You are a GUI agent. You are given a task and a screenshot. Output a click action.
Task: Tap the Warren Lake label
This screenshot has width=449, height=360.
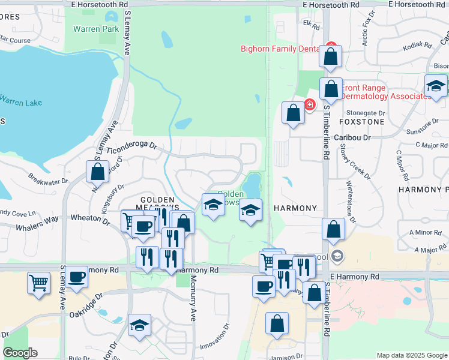pos(21,101)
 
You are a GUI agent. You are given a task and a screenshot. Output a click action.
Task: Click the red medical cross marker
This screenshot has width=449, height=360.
pos(310,104)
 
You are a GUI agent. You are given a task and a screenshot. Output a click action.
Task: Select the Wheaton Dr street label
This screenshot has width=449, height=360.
pos(91,219)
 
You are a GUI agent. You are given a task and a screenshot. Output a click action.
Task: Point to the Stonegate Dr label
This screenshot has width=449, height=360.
pos(366,112)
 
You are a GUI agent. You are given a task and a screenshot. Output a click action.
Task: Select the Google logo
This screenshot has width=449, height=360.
pos(20,352)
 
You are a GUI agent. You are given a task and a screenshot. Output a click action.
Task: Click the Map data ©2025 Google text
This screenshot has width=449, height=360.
pos(411,355)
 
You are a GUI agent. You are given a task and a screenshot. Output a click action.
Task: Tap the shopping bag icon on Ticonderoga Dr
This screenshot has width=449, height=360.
pos(97,172)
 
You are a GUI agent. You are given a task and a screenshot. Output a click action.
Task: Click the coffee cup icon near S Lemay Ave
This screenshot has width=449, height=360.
pos(77,278)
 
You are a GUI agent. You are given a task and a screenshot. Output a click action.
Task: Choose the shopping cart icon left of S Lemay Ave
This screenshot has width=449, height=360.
pos(38,282)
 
